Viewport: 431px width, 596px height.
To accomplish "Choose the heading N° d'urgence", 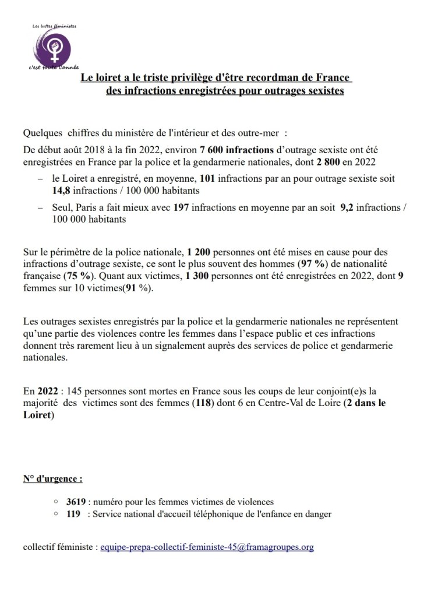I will click(x=52, y=479).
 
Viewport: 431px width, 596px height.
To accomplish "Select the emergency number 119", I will click(x=73, y=513).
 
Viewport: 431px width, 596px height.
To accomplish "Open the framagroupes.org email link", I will click(x=207, y=548).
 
